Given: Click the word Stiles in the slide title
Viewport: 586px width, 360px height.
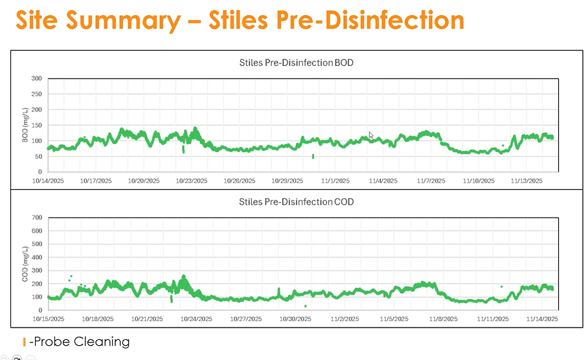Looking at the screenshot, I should coord(240,20).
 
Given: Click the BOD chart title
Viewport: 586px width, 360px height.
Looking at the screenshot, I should coord(296,63).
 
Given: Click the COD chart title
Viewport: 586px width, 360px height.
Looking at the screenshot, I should coord(296,201).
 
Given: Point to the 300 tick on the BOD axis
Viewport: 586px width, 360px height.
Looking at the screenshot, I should coord(36,79).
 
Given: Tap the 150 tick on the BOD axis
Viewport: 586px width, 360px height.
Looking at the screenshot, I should coord(36,126).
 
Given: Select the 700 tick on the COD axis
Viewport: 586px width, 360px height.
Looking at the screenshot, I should coord(36,218).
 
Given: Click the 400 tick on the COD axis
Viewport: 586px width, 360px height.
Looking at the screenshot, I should coord(36,257).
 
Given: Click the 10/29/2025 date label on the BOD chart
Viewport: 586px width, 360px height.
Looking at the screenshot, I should coord(287,181).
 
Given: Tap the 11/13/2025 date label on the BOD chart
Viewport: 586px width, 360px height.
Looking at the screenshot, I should coord(525,181).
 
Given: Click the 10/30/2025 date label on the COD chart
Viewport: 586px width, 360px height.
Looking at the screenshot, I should coord(295,319).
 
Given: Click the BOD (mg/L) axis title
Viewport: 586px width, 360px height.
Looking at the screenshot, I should coord(25,125).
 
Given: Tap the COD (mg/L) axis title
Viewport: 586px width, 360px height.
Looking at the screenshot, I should coord(25,263).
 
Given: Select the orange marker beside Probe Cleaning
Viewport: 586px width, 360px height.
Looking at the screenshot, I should coord(24,341).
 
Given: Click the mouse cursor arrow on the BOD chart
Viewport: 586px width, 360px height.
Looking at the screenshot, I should coord(371,135).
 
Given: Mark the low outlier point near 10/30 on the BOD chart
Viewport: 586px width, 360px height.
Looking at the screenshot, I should coord(313,156).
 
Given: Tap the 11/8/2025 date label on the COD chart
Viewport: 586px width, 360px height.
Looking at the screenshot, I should coord(443,319).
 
